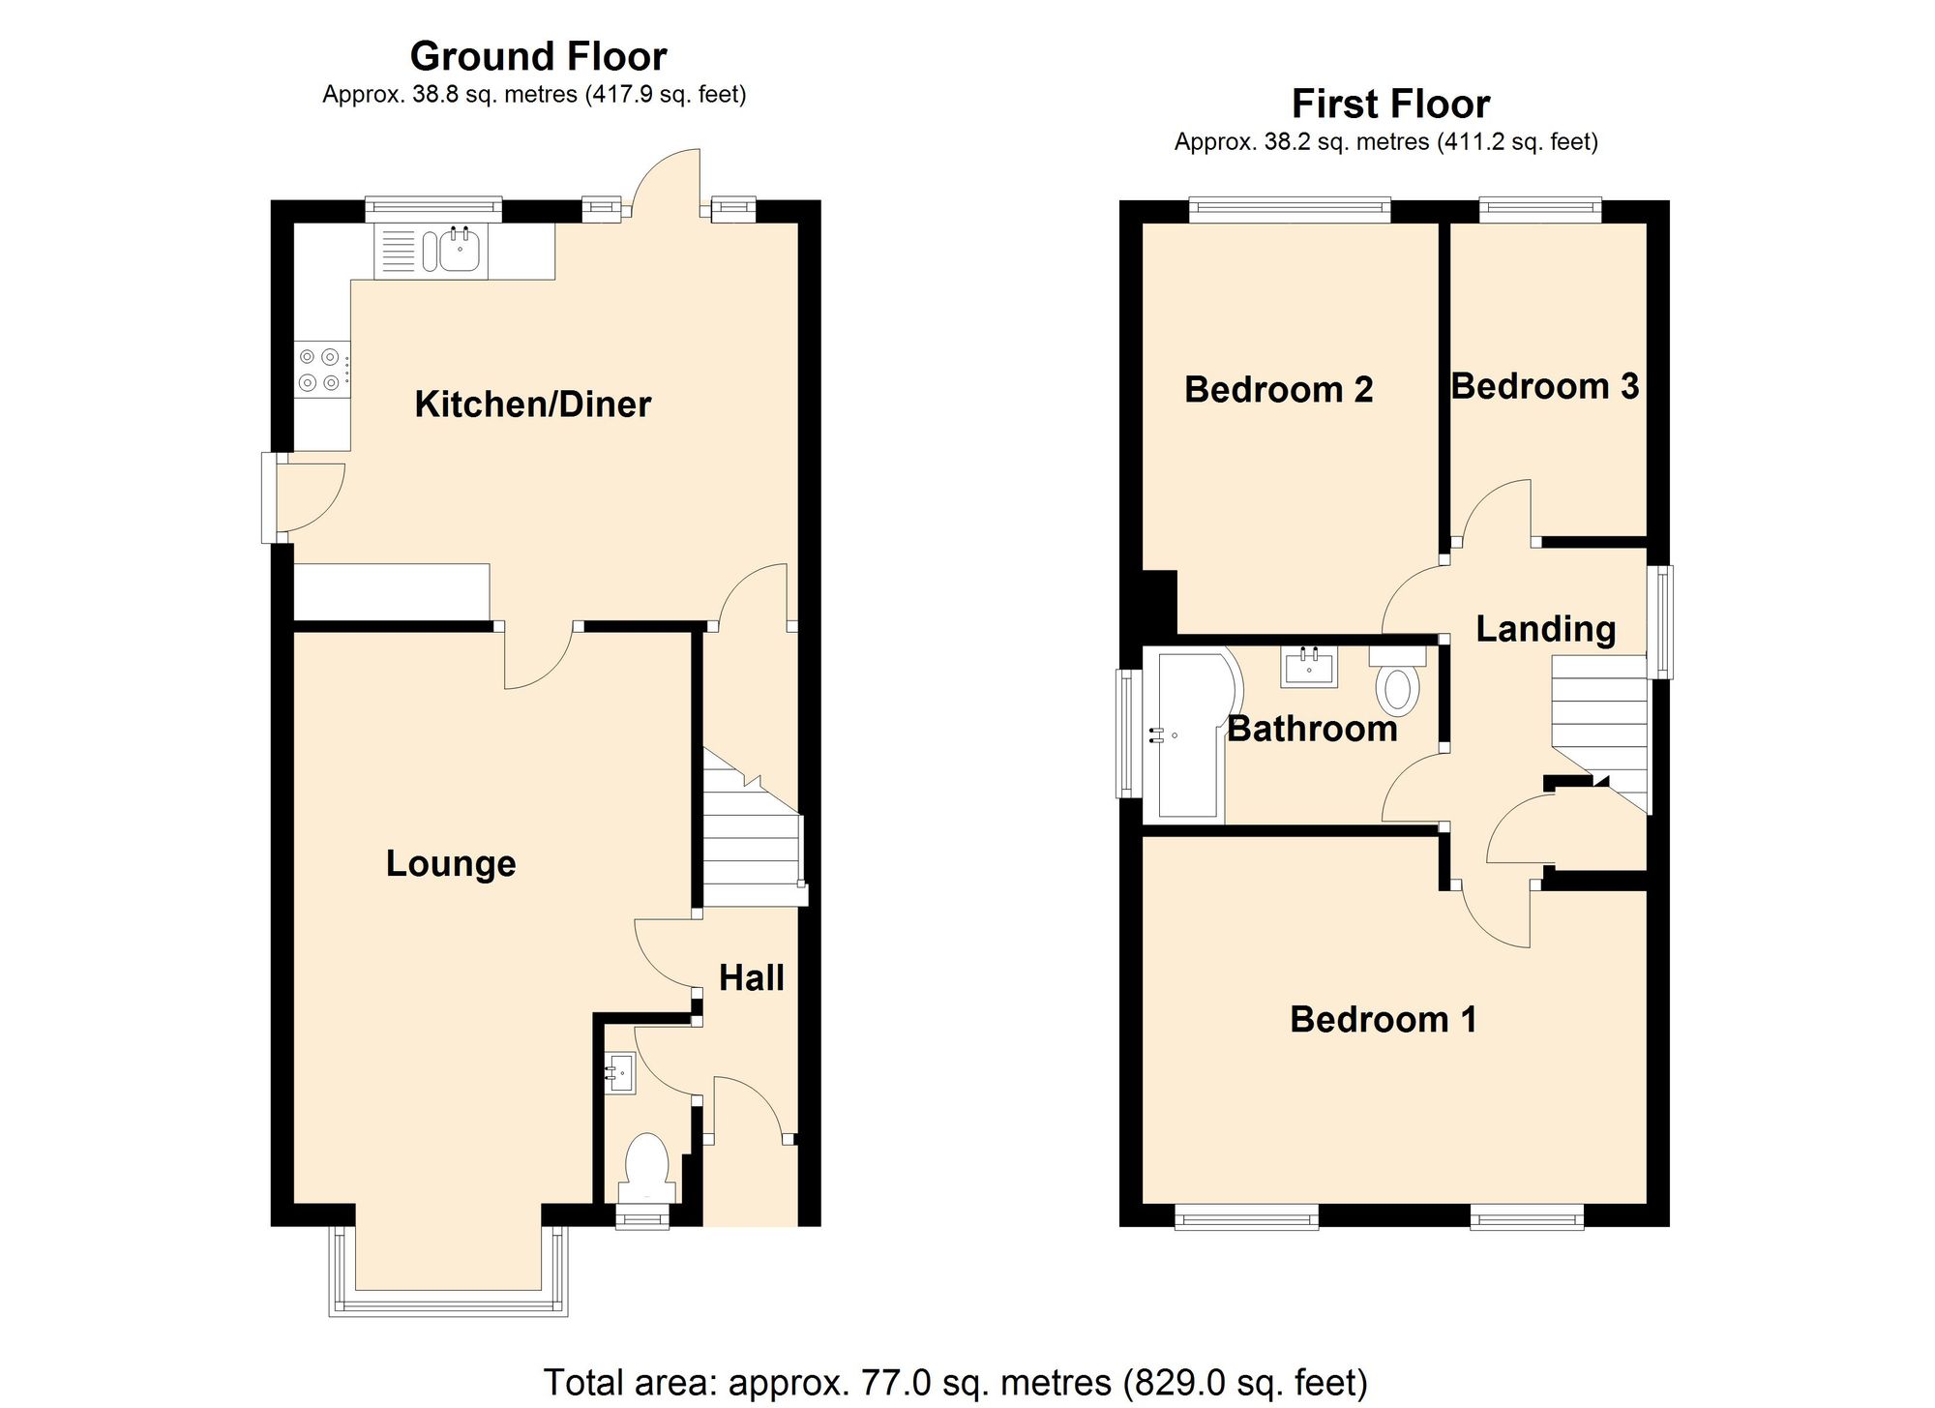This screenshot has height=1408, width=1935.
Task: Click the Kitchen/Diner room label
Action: tap(532, 404)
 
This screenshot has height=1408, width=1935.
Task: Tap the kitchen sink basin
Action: tap(459, 251)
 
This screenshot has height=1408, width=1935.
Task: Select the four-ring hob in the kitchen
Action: tap(321, 370)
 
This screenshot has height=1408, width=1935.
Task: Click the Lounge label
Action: tap(451, 863)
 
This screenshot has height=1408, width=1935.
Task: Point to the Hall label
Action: tap(751, 978)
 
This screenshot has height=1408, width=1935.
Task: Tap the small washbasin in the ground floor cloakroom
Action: tap(621, 1072)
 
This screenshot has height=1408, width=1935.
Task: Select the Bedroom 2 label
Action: tap(1278, 390)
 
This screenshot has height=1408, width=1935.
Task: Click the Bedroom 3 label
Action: tap(1544, 387)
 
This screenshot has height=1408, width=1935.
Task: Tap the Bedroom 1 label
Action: tap(1383, 1020)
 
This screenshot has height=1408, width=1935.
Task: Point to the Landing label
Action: tap(1545, 629)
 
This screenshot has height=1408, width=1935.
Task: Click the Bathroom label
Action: tap(1312, 729)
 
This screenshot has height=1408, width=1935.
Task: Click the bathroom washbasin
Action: tap(1309, 666)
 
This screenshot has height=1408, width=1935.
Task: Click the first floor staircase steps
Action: tap(1599, 716)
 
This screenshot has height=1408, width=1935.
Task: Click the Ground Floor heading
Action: tap(538, 56)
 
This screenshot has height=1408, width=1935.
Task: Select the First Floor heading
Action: tap(1390, 104)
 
